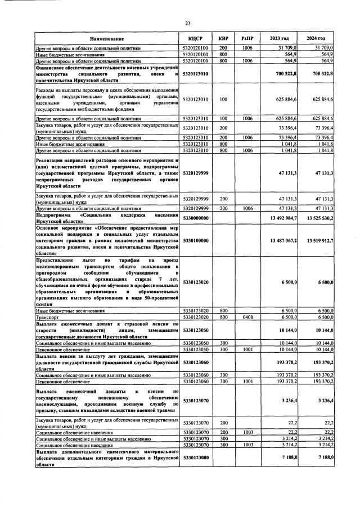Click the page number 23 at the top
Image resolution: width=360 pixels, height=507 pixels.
(x=188, y=23)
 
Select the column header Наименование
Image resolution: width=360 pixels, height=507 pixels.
(x=106, y=38)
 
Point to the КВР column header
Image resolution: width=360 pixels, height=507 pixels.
(x=223, y=38)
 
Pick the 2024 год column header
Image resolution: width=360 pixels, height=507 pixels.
(x=316, y=38)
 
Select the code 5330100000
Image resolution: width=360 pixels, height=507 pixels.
(x=196, y=241)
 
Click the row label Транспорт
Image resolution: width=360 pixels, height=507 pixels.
(x=48, y=318)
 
